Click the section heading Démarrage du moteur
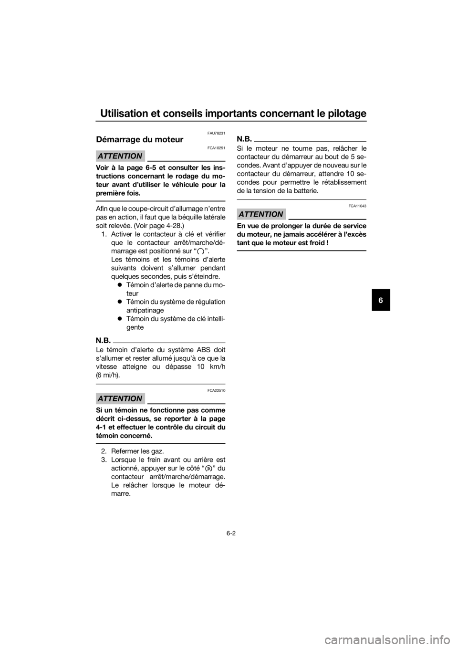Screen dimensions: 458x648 [139, 140]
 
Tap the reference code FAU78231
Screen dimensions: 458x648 [216, 133]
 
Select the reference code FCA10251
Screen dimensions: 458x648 [216, 148]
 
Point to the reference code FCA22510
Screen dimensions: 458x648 [216, 390]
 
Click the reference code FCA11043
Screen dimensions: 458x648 [357, 206]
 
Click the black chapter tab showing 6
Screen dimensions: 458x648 [381, 300]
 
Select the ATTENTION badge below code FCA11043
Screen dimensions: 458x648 [261, 214]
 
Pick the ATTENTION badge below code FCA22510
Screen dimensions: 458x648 [120, 398]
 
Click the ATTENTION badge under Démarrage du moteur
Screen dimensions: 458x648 [120, 156]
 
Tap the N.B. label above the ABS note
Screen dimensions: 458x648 [104, 340]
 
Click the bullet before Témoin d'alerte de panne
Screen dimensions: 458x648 [119, 285]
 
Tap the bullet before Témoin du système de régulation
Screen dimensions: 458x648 [119, 302]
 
